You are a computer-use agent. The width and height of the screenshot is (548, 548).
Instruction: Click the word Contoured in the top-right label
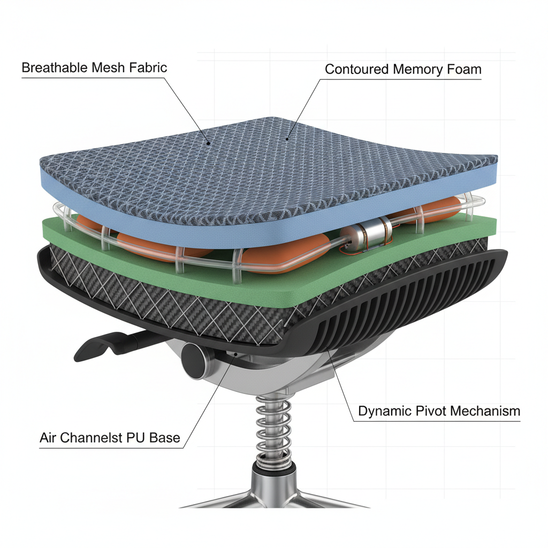[356, 69]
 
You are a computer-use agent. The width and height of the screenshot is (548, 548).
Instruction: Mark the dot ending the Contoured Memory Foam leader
[287, 139]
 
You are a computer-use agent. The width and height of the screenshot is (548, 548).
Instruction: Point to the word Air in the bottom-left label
[48, 438]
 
